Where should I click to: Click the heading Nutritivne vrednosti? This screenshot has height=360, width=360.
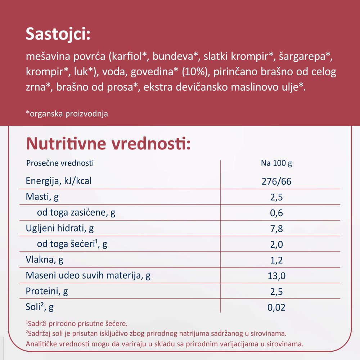tap(108, 144)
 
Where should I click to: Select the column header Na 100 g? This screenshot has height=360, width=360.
tap(276, 163)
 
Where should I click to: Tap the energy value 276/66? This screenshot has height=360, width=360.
tap(276, 181)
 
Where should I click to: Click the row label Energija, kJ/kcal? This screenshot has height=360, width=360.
tap(59, 181)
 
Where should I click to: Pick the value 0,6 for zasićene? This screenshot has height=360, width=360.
tap(276, 213)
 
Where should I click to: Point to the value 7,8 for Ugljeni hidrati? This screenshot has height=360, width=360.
tap(276, 229)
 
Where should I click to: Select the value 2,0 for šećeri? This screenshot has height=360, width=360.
tap(276, 244)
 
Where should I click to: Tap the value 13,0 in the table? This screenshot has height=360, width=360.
tap(276, 276)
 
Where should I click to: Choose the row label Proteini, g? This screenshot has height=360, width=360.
tap(47, 291)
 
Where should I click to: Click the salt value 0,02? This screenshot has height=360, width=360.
tap(276, 307)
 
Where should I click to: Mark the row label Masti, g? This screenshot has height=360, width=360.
tap(42, 197)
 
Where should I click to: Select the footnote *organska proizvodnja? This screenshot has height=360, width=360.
tap(67, 114)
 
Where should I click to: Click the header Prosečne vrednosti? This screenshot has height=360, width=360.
tap(60, 163)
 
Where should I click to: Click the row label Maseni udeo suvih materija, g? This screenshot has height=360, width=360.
tap(88, 276)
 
